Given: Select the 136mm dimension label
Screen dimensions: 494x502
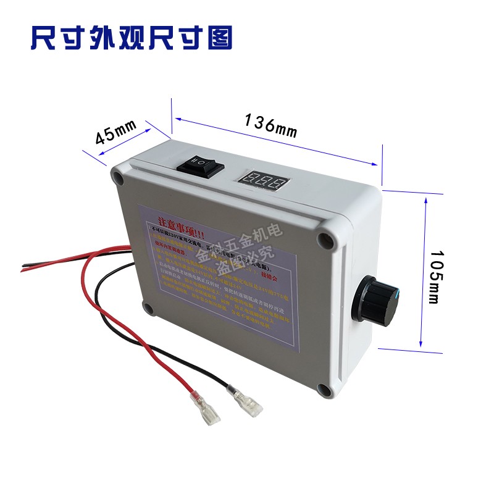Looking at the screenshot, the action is coord(270,125).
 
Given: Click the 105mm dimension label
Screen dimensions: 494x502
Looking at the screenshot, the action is coord(433,277).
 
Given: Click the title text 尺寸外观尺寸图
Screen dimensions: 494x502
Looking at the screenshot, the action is coord(132,38).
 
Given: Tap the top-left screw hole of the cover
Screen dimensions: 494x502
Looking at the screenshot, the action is coord(117,179).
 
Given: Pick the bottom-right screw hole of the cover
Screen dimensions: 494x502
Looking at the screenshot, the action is coord(323,390).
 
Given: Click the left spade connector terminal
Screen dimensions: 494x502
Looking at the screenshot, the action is coord(206,410).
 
